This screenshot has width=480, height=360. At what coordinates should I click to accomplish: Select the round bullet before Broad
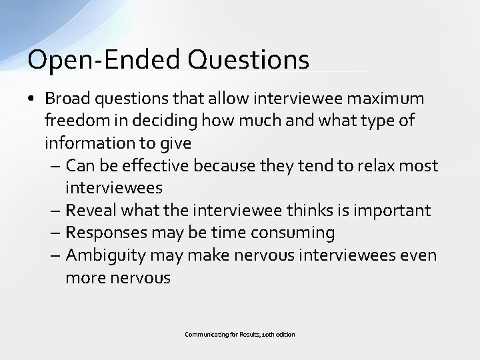pyautogui.click(x=32, y=99)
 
